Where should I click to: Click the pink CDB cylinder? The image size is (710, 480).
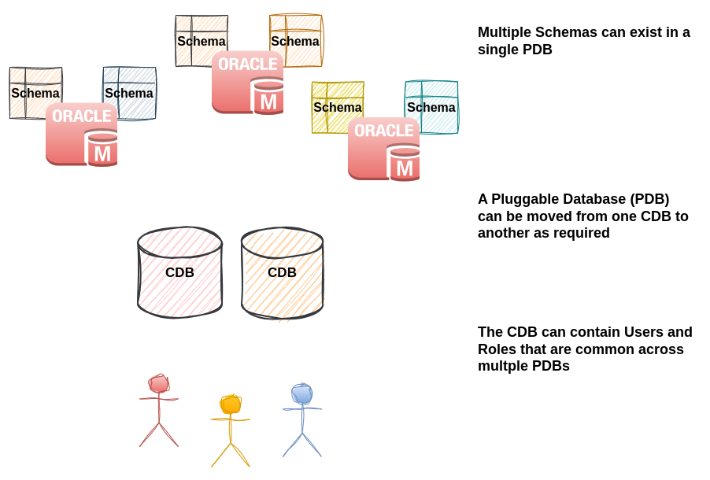(179, 272)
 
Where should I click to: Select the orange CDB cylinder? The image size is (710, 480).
(282, 272)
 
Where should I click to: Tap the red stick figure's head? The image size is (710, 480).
(159, 383)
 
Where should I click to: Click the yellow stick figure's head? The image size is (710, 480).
(231, 404)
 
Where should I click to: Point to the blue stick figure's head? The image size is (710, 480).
(302, 393)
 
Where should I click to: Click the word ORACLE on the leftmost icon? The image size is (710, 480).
(82, 116)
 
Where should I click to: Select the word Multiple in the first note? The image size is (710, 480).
(503, 32)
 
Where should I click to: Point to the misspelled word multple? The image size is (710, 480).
(504, 366)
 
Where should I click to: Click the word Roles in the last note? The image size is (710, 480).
(497, 349)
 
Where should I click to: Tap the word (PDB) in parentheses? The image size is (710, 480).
(648, 199)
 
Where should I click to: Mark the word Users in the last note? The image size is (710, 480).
(643, 332)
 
